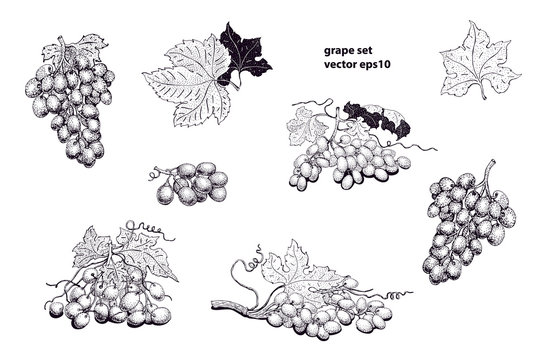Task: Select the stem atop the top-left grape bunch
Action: click(x=66, y=43)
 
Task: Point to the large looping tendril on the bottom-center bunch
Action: click(x=245, y=268)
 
